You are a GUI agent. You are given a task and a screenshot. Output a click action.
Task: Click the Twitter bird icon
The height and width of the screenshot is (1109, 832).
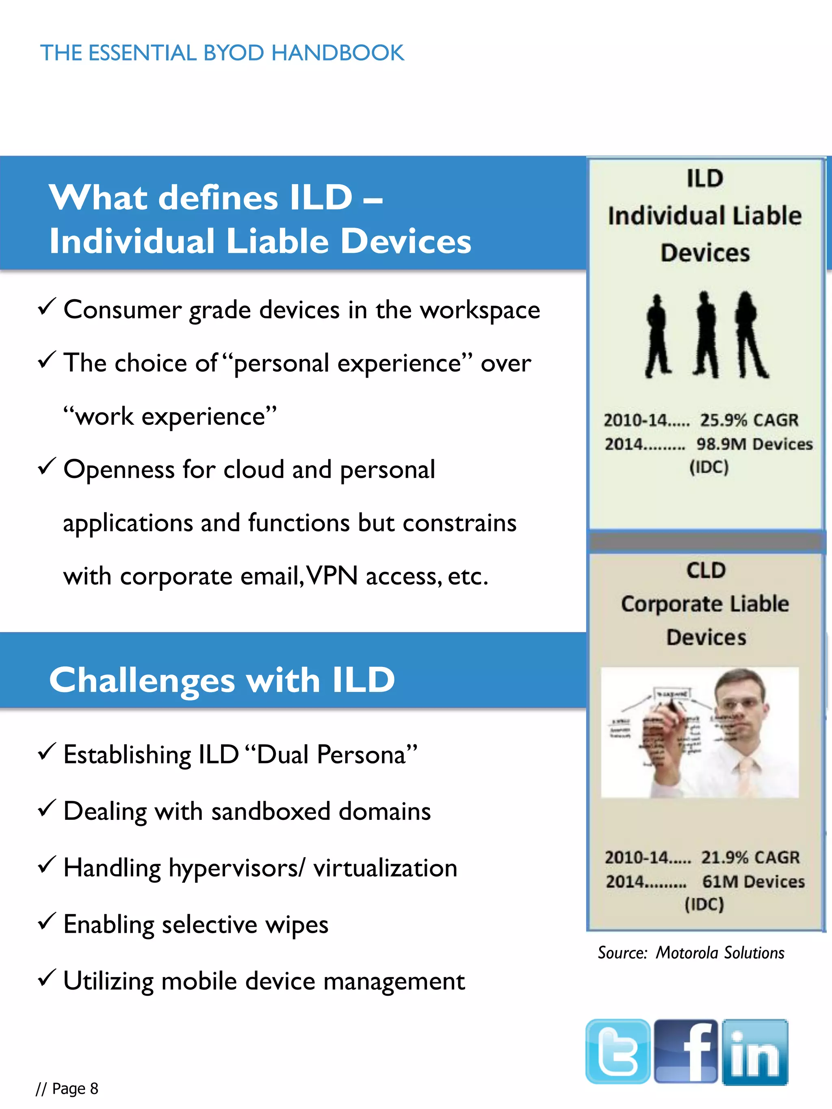point(618,1051)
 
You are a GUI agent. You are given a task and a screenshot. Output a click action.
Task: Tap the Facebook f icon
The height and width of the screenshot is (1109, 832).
point(686,1051)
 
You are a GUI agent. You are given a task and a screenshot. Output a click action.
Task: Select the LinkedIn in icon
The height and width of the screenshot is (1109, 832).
point(755,1052)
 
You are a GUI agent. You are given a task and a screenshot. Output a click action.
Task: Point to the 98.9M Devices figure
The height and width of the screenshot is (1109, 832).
point(754,444)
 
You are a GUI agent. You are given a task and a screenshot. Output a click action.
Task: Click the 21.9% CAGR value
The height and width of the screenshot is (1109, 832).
point(750,857)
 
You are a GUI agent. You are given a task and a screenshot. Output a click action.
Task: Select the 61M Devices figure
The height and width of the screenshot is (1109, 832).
point(753,881)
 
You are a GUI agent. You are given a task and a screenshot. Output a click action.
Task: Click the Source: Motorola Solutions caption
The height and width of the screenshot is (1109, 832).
point(691,953)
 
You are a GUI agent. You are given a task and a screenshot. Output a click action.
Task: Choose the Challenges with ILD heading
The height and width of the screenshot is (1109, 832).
point(222,680)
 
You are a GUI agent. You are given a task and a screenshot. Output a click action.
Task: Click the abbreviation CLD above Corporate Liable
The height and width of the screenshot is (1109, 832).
point(706,571)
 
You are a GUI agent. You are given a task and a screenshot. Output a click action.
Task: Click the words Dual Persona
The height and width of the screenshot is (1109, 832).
point(331,754)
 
